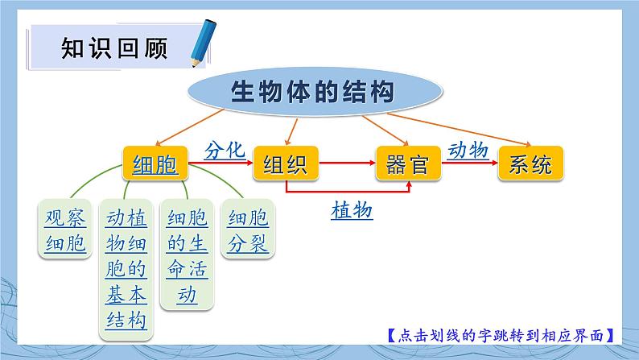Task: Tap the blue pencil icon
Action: point(200,47)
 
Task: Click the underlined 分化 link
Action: point(224,151)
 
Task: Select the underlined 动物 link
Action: point(468,150)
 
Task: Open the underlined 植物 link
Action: point(352,210)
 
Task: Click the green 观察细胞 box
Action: point(65,230)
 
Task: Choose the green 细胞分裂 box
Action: point(248,230)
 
